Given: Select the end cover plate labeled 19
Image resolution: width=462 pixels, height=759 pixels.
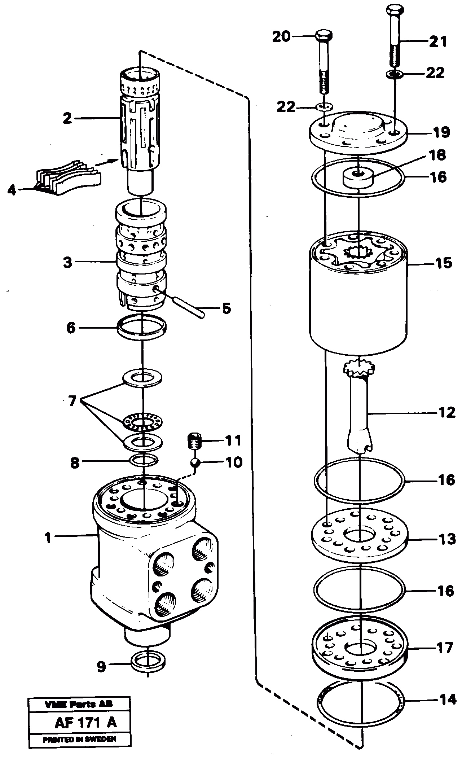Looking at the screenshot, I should click(x=358, y=130).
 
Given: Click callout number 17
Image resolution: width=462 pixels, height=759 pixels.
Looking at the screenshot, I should click(x=444, y=648).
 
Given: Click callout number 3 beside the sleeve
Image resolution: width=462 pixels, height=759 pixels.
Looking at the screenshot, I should click(x=67, y=262).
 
